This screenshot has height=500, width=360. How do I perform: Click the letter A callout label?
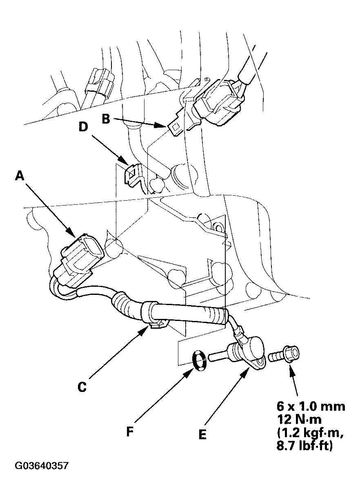(19, 176)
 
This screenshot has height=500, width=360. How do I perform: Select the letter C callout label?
(82, 387)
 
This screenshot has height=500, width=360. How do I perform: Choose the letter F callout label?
(130, 431)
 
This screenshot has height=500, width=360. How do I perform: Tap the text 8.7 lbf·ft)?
(304, 445)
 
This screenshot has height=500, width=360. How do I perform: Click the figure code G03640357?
(42, 466)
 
